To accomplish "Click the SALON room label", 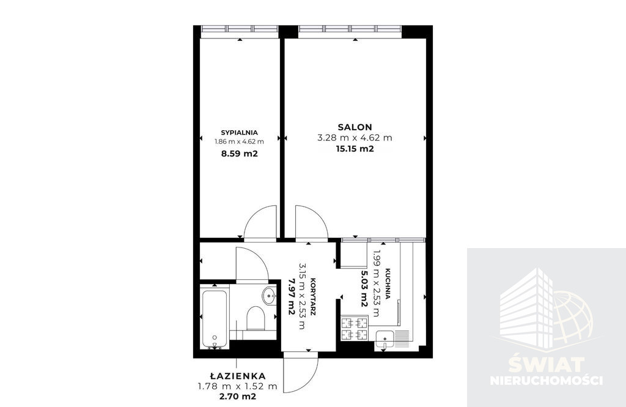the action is (355, 127).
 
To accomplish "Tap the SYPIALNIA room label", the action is (239, 133).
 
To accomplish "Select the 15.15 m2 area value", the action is (355, 149).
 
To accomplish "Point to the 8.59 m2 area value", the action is (239, 153).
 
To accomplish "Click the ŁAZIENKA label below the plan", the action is (238, 376).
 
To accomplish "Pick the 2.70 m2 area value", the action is (238, 396).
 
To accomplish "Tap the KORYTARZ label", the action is (313, 296).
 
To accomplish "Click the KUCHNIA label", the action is (387, 284).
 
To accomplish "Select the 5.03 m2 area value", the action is (364, 288).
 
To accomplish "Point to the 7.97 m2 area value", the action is (292, 296).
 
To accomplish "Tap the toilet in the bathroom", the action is (256, 318).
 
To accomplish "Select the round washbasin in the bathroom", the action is (269, 296).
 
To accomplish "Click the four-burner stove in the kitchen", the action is (355, 328).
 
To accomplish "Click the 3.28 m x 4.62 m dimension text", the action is (355, 138).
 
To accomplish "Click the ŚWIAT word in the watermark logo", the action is (547, 364).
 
